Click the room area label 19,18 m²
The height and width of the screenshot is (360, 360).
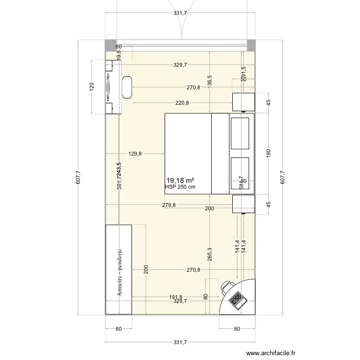[x=180, y=180]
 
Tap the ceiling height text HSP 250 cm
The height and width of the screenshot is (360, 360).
[x=180, y=187]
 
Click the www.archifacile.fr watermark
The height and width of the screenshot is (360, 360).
[x=272, y=353]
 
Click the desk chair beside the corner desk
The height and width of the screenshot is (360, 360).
[x=227, y=288]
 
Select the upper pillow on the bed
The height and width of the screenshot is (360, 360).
[x=240, y=133]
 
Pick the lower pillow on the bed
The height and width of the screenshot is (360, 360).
[x=240, y=174]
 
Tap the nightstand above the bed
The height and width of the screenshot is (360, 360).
[x=243, y=102]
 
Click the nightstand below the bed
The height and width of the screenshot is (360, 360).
[x=243, y=204]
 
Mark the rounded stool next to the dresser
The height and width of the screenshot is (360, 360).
[x=127, y=87]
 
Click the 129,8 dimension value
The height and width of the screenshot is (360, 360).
[x=135, y=154]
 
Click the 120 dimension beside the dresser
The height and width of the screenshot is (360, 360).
[x=92, y=87]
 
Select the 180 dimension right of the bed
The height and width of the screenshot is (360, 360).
[x=269, y=154]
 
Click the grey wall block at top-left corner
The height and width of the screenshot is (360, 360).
[x=110, y=45]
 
